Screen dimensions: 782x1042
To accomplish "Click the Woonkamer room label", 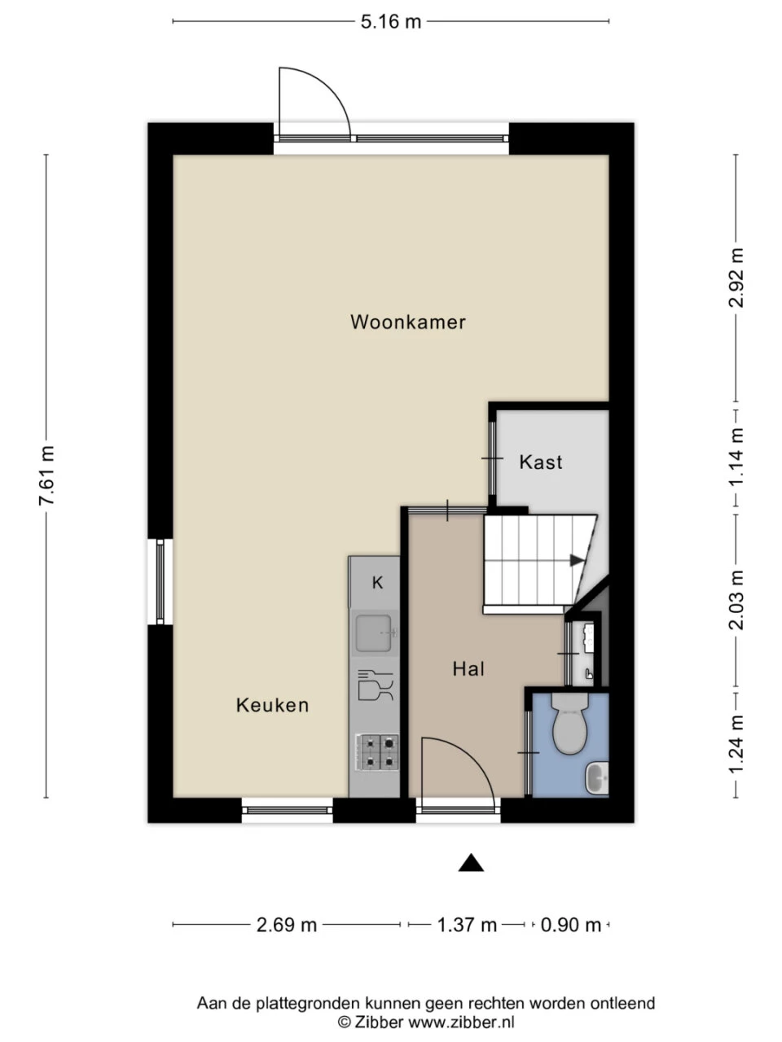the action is (408, 322).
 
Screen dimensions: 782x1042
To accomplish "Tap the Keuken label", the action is (273, 706).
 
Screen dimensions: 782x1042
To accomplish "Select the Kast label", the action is (541, 462).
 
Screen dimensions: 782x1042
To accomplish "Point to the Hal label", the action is (468, 669).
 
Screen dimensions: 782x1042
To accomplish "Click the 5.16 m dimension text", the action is (391, 22).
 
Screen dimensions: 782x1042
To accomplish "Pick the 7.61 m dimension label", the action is (47, 475).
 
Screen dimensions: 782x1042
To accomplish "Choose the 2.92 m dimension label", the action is (736, 278).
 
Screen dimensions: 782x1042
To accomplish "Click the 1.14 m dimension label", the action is (736, 457).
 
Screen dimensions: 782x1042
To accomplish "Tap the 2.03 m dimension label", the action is (736, 600).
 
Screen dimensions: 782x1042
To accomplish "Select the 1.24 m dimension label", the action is (736, 744).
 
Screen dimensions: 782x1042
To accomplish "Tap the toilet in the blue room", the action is (569, 723).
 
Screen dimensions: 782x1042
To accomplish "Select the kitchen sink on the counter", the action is (375, 633).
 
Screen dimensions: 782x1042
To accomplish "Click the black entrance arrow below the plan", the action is (471, 862).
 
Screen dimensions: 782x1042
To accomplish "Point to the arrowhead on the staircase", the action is (578, 560).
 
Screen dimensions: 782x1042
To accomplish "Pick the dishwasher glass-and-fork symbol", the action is (375, 685).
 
